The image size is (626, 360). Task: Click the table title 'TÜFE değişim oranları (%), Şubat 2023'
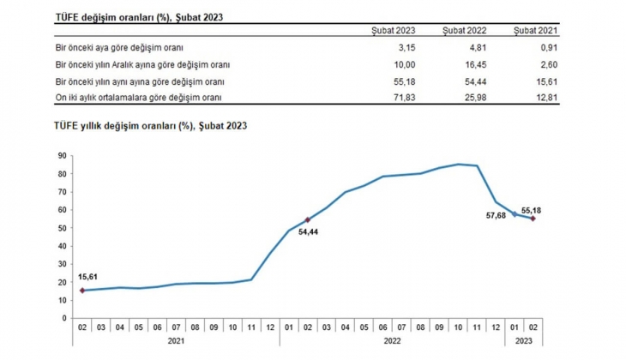(135, 16)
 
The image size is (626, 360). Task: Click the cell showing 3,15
(406, 48)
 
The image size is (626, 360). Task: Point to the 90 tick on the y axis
(62, 155)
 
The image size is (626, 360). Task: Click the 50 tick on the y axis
(62, 228)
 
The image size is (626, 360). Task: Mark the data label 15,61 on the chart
(89, 277)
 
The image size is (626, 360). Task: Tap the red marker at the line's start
(82, 291)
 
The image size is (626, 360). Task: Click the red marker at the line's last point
(533, 219)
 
